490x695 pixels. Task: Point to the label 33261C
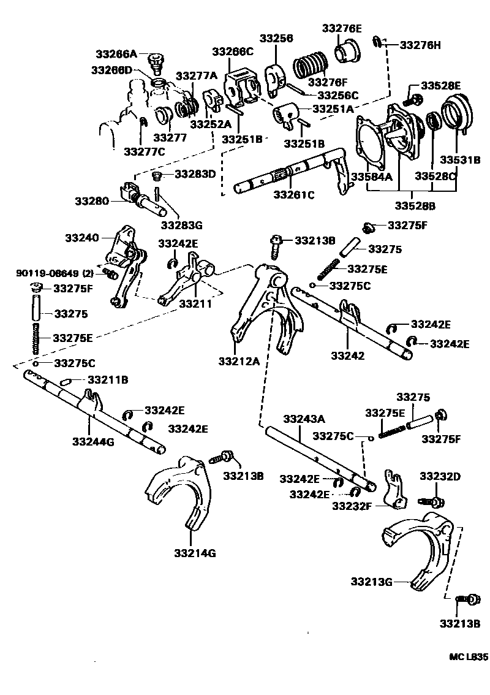click(x=293, y=195)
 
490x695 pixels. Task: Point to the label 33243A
click(x=304, y=419)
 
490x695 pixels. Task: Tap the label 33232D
click(x=440, y=476)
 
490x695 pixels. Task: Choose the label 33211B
click(x=108, y=380)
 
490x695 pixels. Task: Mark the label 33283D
click(x=195, y=174)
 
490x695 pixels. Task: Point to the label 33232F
click(x=353, y=506)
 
